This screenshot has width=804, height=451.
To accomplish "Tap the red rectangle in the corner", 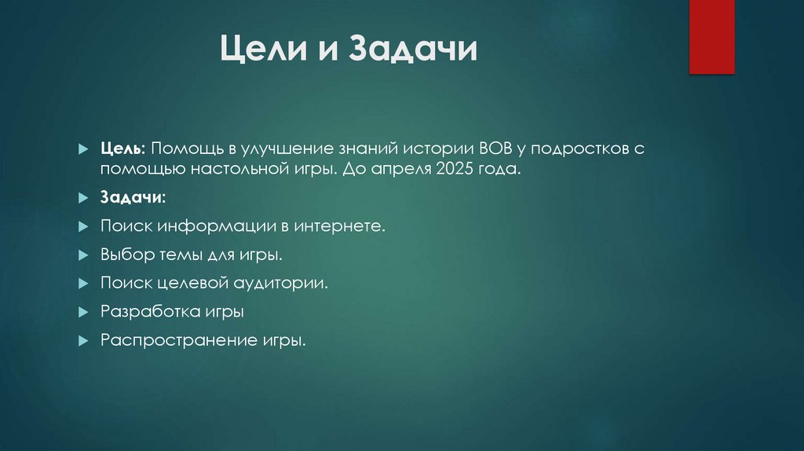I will pyautogui.click(x=711, y=36).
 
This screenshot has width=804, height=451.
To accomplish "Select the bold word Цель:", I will pyautogui.click(x=122, y=149).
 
